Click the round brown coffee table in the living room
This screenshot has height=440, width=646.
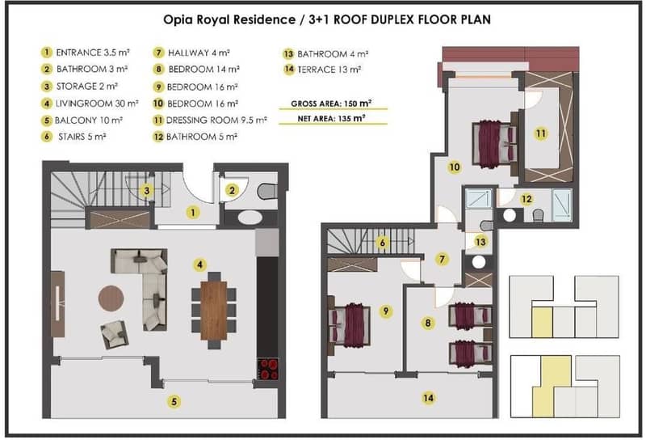pos(111,298)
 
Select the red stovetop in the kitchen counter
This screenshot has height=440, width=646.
pos(268,369)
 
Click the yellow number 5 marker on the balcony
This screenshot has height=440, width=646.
pos(174,401)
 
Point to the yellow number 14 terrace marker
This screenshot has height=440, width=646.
pos(429,398)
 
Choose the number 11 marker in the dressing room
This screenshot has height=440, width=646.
pos(540,133)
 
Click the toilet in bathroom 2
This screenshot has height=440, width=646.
pos(267,191)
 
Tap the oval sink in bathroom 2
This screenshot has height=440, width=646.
pos(250,218)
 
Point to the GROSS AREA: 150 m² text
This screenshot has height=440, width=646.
pos(331,104)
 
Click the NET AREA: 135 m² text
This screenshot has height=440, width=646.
pos(331,119)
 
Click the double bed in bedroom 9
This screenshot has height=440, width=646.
pos(350,324)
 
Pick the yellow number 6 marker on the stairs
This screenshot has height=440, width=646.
pos(382,243)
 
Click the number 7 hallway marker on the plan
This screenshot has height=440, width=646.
pos(442,259)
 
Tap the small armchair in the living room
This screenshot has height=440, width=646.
pos(114,334)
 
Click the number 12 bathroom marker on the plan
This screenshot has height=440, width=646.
pos(526,199)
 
